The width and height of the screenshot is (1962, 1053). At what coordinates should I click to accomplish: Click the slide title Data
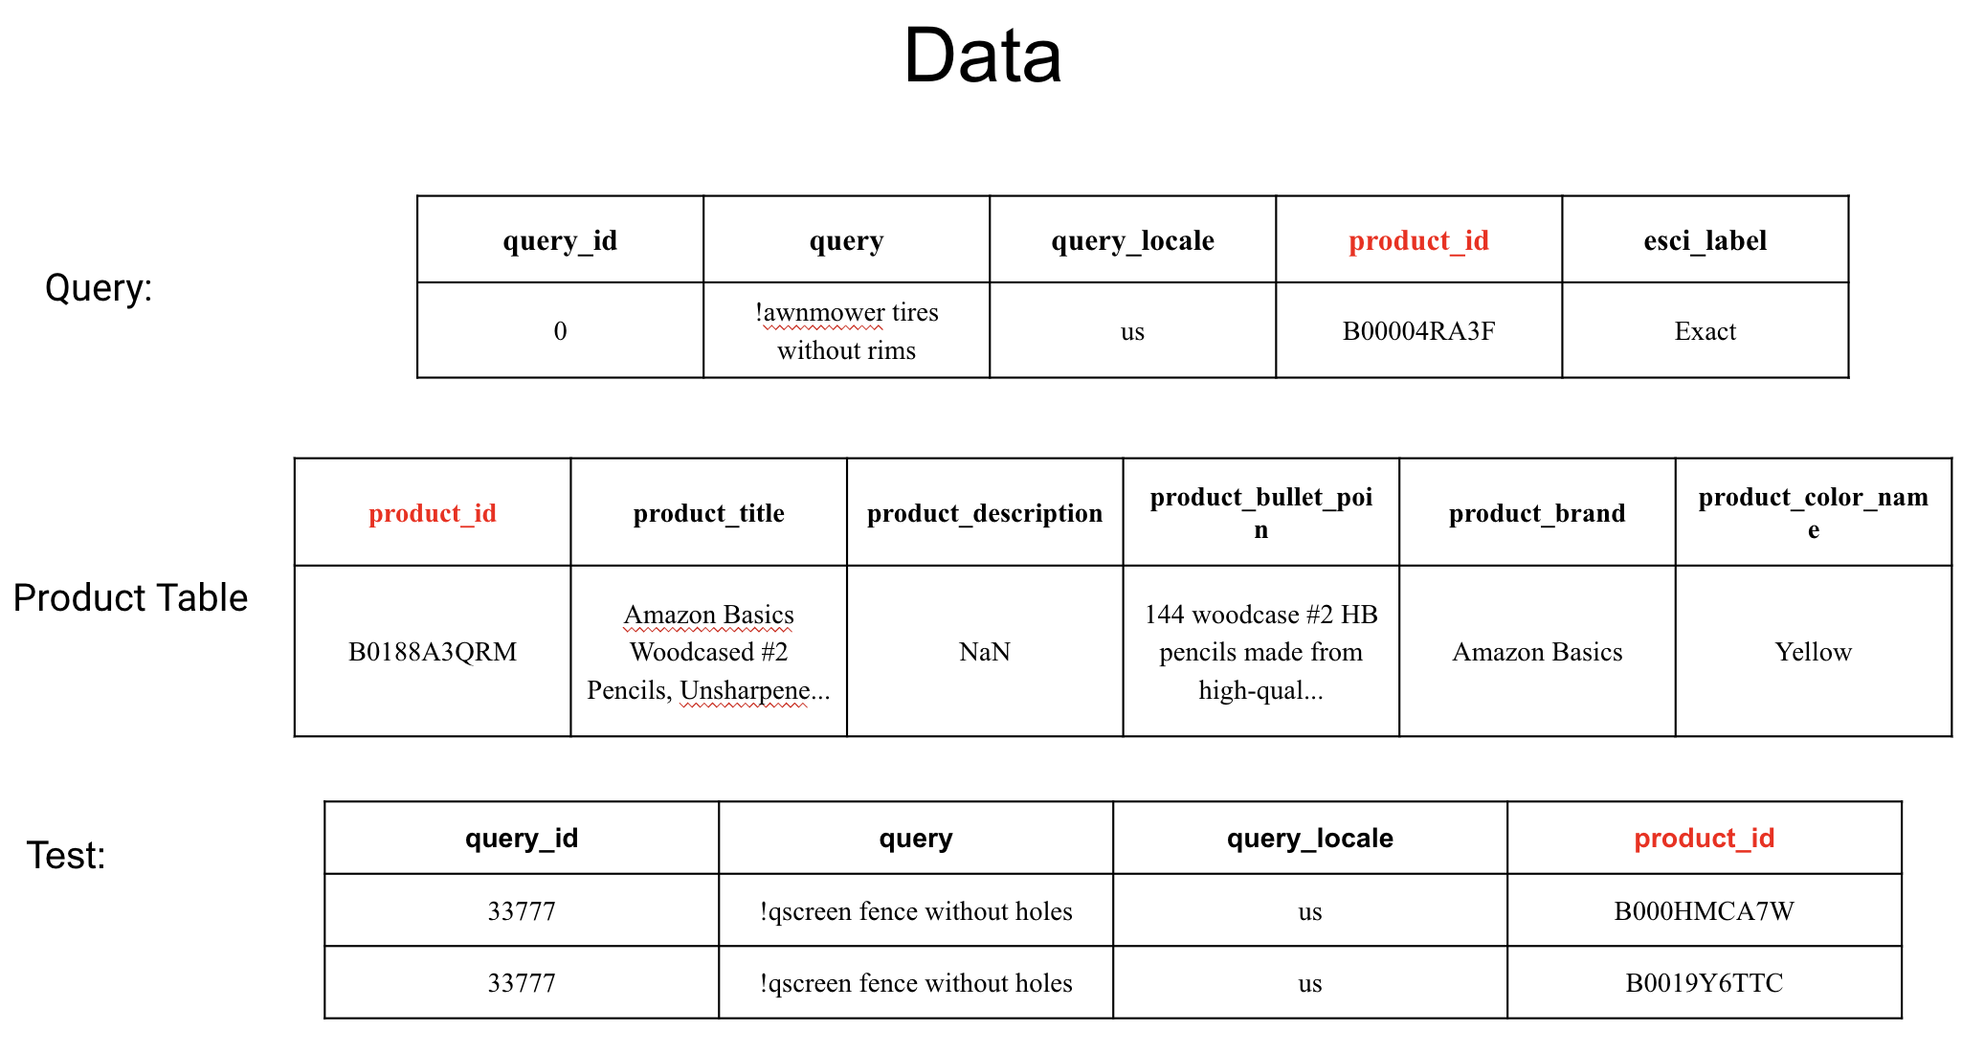click(x=982, y=56)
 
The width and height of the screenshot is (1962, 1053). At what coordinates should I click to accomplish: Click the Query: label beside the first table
click(x=99, y=287)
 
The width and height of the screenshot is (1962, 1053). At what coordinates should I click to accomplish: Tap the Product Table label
click(x=130, y=597)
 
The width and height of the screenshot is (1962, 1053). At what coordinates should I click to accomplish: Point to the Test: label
click(x=66, y=855)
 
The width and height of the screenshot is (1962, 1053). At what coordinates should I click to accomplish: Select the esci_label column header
click(x=1706, y=240)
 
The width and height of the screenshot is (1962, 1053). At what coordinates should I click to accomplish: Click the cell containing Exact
click(x=1706, y=331)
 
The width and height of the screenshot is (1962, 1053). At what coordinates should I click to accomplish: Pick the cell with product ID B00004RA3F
click(x=1418, y=331)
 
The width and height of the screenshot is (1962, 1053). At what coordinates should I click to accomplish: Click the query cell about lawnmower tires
click(x=847, y=331)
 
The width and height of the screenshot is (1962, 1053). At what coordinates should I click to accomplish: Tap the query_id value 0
click(x=560, y=331)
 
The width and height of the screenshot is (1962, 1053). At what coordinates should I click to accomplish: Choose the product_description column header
click(x=985, y=513)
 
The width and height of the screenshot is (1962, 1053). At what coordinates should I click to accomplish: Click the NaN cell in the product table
click(x=985, y=652)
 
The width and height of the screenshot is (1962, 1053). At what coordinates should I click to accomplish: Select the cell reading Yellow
click(x=1814, y=652)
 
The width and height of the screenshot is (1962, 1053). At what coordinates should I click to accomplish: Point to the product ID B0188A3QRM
click(x=433, y=652)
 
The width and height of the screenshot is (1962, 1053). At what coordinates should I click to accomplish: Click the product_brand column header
click(x=1537, y=513)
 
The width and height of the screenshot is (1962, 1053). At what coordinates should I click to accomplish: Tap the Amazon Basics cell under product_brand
click(x=1537, y=652)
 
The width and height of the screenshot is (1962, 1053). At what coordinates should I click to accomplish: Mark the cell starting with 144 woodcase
click(x=1261, y=652)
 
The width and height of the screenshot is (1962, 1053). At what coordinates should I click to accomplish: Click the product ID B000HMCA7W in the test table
click(x=1705, y=910)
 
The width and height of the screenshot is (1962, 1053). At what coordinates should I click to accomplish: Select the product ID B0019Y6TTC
click(x=1705, y=983)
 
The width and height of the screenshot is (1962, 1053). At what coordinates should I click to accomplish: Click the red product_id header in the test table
click(x=1705, y=838)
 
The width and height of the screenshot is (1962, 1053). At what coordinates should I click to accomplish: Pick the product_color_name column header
click(x=1814, y=513)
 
